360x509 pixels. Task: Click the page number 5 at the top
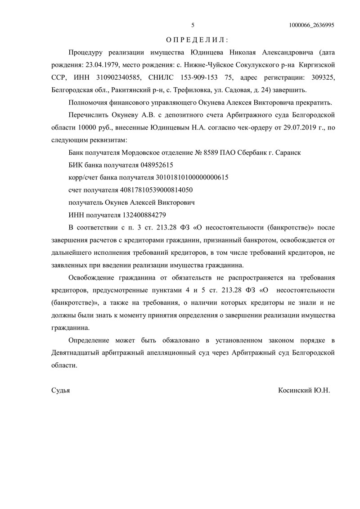pos(193,25)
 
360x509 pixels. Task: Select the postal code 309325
pos(320,77)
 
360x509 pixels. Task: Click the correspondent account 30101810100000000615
pos(192,177)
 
